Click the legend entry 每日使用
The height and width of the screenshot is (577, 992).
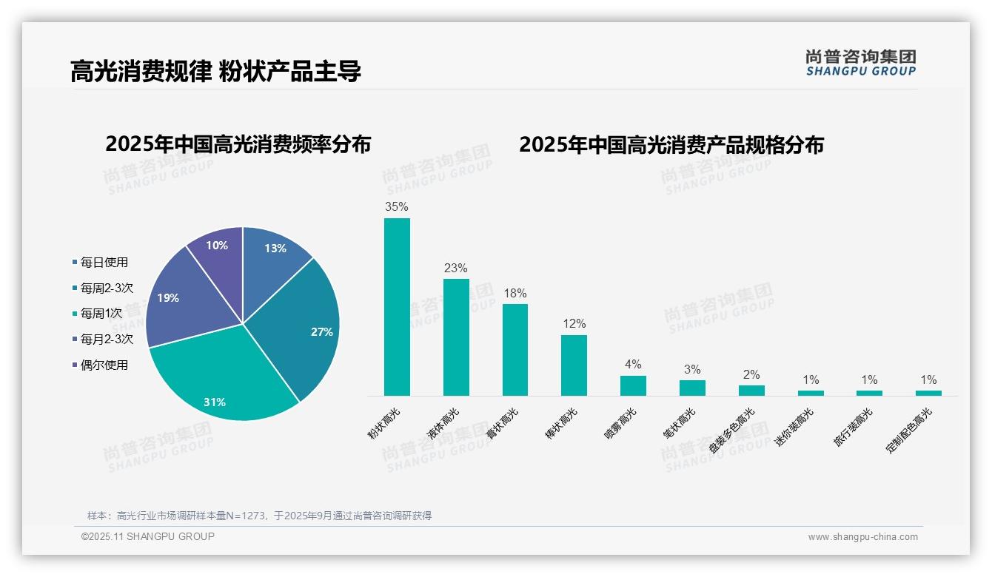pos(104,262)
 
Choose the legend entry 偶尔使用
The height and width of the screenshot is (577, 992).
pos(104,365)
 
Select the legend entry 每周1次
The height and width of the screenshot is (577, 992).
pos(101,313)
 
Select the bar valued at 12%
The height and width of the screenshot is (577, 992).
pos(574,365)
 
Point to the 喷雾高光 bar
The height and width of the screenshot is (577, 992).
pos(633,385)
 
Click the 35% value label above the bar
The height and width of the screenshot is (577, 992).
pos(397,207)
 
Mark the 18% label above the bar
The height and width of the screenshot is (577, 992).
pos(515,293)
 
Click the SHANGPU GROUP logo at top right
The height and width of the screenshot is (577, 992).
pos(860,62)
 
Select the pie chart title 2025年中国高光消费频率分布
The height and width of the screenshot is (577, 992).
pos(238,144)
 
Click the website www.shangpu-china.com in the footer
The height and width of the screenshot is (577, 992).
pos(862,537)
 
